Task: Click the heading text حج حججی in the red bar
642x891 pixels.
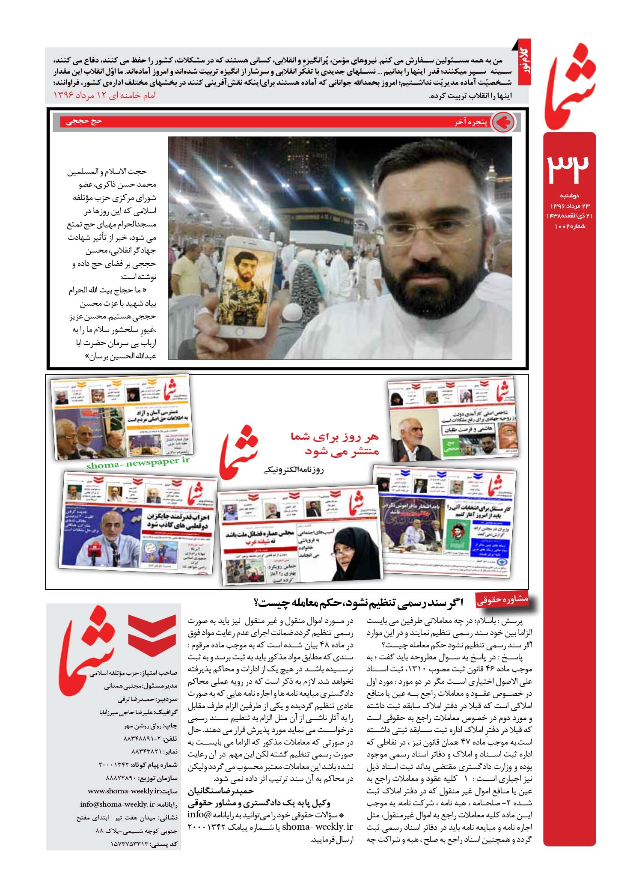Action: click(84, 121)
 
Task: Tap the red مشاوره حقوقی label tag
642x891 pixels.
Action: click(502, 600)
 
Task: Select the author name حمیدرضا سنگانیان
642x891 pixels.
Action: click(221, 791)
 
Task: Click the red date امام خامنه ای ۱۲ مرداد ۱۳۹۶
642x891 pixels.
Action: click(104, 95)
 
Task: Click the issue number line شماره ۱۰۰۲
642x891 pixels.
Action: click(570, 226)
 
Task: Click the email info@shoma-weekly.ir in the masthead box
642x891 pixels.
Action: click(117, 804)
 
